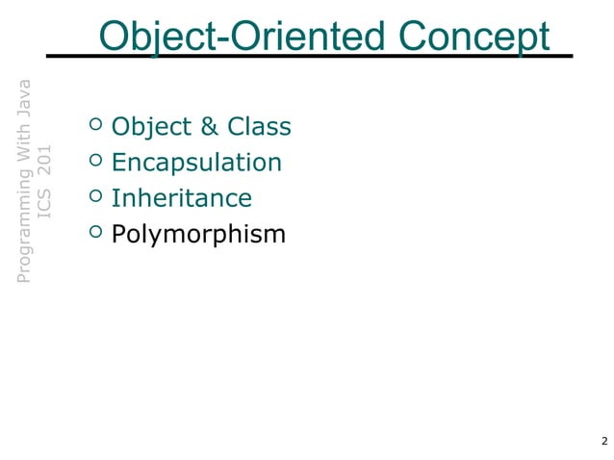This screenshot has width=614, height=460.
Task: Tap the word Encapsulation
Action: pyautogui.click(x=196, y=163)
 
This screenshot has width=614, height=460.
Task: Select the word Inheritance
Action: pyautogui.click(x=181, y=198)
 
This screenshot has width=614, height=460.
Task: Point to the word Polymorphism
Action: pyautogui.click(x=198, y=234)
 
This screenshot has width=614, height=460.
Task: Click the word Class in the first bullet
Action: pyautogui.click(x=259, y=127)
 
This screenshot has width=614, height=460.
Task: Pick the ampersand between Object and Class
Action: pyautogui.click(x=209, y=127)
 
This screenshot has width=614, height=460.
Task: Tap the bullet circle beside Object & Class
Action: pyautogui.click(x=94, y=124)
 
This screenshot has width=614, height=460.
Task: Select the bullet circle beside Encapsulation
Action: pyautogui.click(x=94, y=160)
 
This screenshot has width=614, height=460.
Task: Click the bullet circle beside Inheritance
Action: pyautogui.click(x=94, y=195)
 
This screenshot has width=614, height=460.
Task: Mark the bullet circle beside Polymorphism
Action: pyautogui.click(x=94, y=231)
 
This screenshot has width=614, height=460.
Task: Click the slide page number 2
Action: pyautogui.click(x=602, y=442)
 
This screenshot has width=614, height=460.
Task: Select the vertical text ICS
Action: pyautogui.click(x=44, y=202)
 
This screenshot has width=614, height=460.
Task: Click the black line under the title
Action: pyautogui.click(x=308, y=56)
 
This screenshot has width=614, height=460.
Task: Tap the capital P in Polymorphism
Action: pyautogui.click(x=119, y=234)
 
